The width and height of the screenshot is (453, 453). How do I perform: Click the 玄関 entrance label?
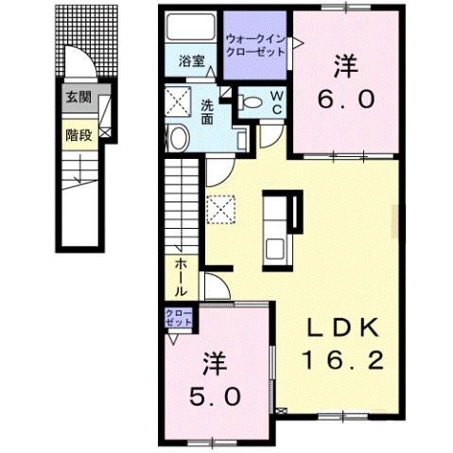click(78, 97)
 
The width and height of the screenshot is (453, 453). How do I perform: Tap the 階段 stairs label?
click(78, 135)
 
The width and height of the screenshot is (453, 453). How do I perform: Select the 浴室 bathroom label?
click(192, 61)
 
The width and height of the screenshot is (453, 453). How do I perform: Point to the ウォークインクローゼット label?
click(255, 45)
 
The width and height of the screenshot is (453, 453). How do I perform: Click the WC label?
click(277, 103)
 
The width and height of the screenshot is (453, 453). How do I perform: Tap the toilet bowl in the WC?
click(251, 102)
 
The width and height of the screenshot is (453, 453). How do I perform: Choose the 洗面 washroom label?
click(207, 112)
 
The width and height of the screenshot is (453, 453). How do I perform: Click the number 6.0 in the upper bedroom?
click(346, 99)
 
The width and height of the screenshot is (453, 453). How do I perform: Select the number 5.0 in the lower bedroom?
click(215, 396)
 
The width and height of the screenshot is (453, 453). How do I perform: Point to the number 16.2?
click(343, 360)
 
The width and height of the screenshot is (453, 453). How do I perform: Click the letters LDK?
click(343, 328)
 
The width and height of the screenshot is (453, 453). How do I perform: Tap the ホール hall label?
click(181, 277)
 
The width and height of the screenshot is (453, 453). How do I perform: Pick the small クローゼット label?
click(179, 318)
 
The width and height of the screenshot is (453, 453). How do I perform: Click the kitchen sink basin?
click(275, 249)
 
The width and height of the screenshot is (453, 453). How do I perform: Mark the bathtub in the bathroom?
click(190, 26)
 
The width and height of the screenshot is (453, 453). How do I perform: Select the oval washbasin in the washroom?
click(178, 138)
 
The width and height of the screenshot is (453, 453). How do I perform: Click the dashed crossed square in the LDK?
click(220, 210)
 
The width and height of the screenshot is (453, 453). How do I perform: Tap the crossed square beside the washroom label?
click(179, 101)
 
